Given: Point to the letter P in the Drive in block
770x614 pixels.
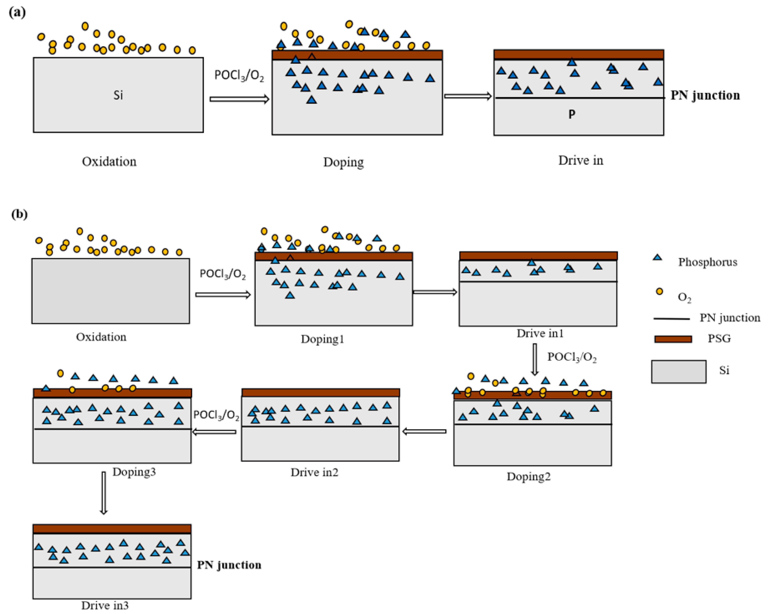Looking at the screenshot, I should pos(572,114).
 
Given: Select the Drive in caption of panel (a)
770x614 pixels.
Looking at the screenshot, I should pos(581,160).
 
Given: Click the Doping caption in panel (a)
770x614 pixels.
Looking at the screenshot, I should pos(344,162).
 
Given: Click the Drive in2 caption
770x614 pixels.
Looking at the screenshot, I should pos(314,472).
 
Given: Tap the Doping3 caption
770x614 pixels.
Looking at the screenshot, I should pos(134,472).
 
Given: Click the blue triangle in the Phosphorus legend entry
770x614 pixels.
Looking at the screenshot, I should pos(657,257).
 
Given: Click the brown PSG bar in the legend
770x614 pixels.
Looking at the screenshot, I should pos(673,339).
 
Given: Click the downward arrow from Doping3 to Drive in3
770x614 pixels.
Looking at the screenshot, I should pos(103,493).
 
